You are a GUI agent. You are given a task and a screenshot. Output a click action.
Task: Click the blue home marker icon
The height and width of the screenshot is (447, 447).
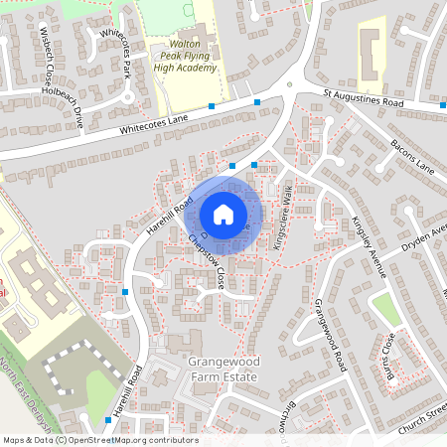[223, 214]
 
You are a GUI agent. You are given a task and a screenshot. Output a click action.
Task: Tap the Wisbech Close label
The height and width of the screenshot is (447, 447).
[47, 62]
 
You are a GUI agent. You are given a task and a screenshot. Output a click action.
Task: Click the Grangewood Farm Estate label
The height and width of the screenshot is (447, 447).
[223, 371]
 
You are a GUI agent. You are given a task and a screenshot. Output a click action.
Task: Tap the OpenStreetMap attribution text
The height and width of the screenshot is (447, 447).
[100, 439]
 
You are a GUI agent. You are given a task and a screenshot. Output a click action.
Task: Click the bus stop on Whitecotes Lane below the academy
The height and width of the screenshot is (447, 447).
[212, 105]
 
